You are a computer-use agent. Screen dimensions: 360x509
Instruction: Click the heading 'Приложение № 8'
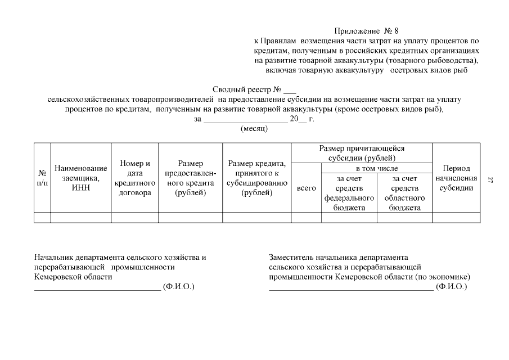point(366,31)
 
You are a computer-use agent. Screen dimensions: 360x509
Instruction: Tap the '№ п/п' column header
point(42,178)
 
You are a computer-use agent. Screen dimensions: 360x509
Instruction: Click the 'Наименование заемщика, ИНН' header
point(81,178)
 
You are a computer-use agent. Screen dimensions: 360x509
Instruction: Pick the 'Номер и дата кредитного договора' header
point(135,178)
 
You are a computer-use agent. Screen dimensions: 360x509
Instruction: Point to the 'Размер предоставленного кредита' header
point(190,178)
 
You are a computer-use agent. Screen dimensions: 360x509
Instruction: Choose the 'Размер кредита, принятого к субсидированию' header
point(256,178)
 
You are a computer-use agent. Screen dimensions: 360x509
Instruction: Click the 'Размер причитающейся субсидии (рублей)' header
point(362,153)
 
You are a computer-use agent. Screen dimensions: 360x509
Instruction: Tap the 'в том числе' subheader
point(376,168)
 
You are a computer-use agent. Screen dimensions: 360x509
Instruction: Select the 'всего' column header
point(306,188)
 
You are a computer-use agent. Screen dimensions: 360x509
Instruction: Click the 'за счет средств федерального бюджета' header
point(349,193)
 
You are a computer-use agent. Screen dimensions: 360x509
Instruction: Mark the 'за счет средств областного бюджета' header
point(404,193)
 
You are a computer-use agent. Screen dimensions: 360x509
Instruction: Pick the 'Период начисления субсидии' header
point(456,178)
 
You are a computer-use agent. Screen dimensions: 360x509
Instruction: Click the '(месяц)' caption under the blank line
point(254,128)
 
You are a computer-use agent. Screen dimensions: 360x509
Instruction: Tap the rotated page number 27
point(490,180)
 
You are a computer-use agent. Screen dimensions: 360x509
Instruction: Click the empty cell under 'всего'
point(306,218)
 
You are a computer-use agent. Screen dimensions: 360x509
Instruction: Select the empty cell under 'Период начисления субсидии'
point(456,218)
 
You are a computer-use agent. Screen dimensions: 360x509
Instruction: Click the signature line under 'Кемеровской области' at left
point(97,289)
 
